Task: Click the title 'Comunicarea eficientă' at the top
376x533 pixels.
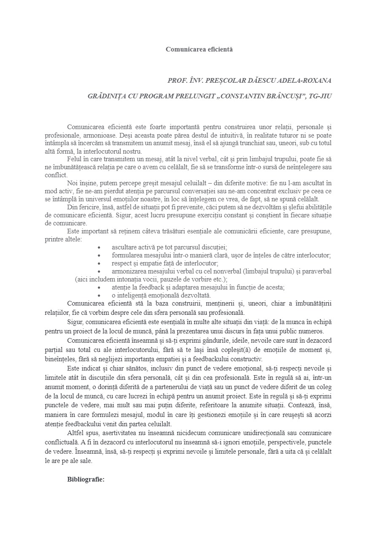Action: tap(199, 49)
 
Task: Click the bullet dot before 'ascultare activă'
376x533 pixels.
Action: tap(99, 247)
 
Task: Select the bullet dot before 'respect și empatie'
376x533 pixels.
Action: tap(99, 263)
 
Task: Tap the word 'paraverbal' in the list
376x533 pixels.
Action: tap(316, 271)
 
